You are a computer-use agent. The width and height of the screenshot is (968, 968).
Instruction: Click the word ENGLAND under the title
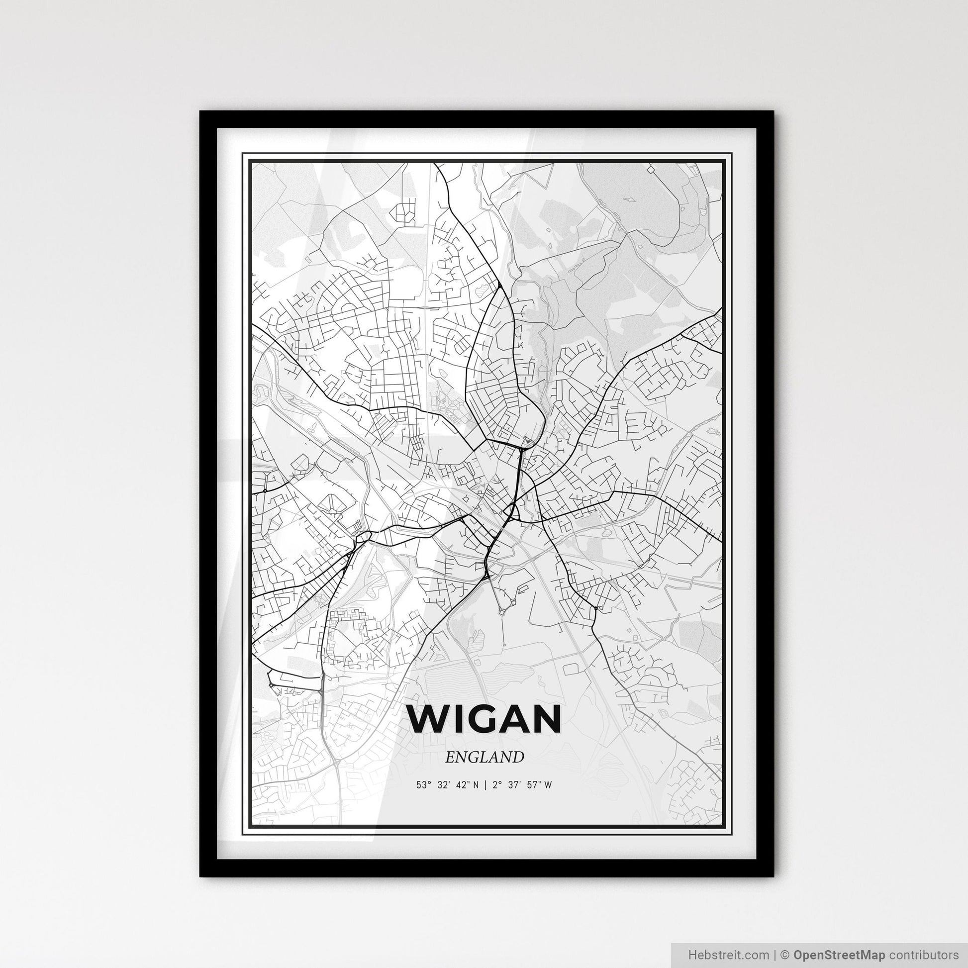[x=484, y=757]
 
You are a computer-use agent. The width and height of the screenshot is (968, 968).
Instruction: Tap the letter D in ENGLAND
[x=517, y=757]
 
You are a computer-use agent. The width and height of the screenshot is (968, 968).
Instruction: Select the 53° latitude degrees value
[x=423, y=785]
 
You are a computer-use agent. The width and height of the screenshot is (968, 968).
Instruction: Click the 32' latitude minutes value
[x=443, y=785]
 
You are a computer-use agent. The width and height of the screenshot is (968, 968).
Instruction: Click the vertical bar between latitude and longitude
[x=484, y=785]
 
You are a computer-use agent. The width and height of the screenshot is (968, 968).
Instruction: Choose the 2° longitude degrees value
[x=495, y=785]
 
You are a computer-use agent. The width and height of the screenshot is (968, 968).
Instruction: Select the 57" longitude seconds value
[x=534, y=785]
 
